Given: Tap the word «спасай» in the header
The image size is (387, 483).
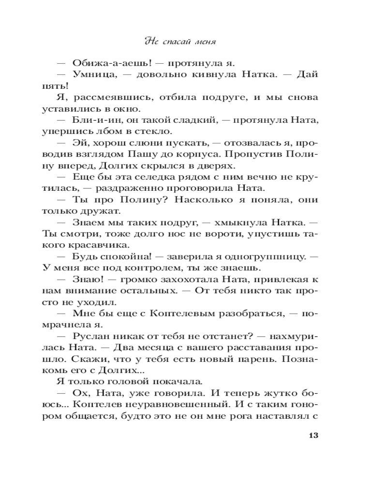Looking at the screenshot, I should coord(177,41).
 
